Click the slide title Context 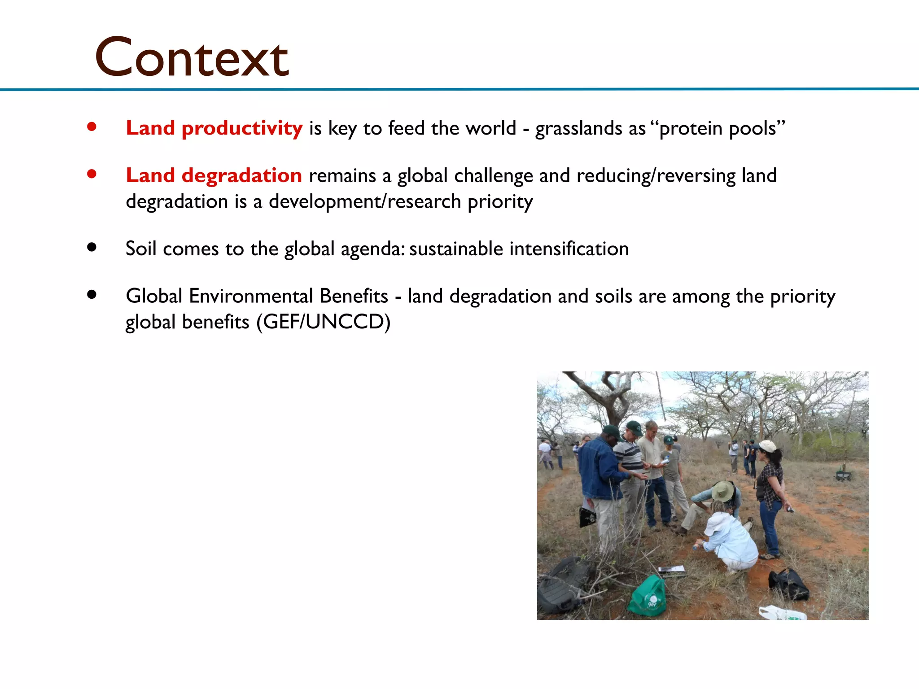click(192, 57)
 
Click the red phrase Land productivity click(214, 128)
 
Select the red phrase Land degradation click(214, 175)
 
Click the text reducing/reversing click(656, 176)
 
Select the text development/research click(365, 201)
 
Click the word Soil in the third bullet click(141, 249)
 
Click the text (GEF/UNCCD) click(324, 322)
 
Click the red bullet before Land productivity click(92, 127)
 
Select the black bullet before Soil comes click(92, 247)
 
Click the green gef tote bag click(648, 597)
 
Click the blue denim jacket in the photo click(599, 469)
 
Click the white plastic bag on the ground click(781, 613)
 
